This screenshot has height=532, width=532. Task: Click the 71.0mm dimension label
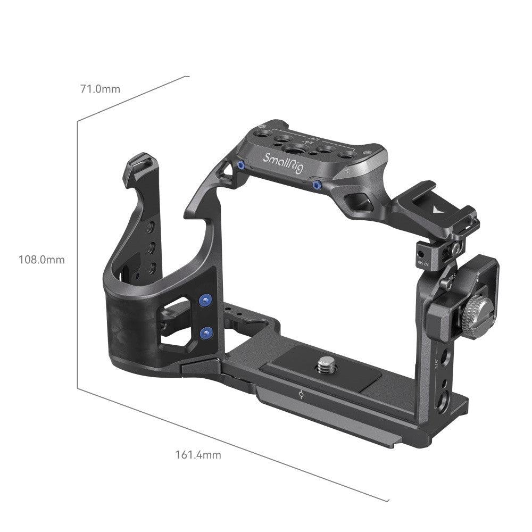point(100,89)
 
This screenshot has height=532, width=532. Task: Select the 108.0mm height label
point(41,260)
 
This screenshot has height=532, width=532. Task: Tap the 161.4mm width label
point(198,455)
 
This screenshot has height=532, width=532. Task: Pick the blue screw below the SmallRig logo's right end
point(317,185)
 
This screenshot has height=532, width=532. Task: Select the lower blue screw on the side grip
point(204,333)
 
